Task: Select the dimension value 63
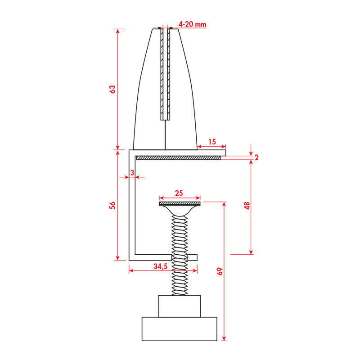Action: click(113, 89)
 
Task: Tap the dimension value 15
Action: click(211, 142)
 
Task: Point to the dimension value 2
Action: click(256, 157)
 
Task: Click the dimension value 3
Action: click(132, 172)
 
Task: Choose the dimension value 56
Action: click(113, 205)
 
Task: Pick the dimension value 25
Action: click(179, 193)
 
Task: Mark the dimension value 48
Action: click(247, 206)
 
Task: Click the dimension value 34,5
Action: click(160, 266)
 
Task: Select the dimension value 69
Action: click(220, 271)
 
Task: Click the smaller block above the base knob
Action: click(179, 306)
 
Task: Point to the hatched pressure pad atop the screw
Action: click(179, 204)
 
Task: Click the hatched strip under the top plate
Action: click(178, 158)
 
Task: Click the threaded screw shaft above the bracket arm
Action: click(179, 234)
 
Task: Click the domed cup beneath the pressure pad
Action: click(179, 209)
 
